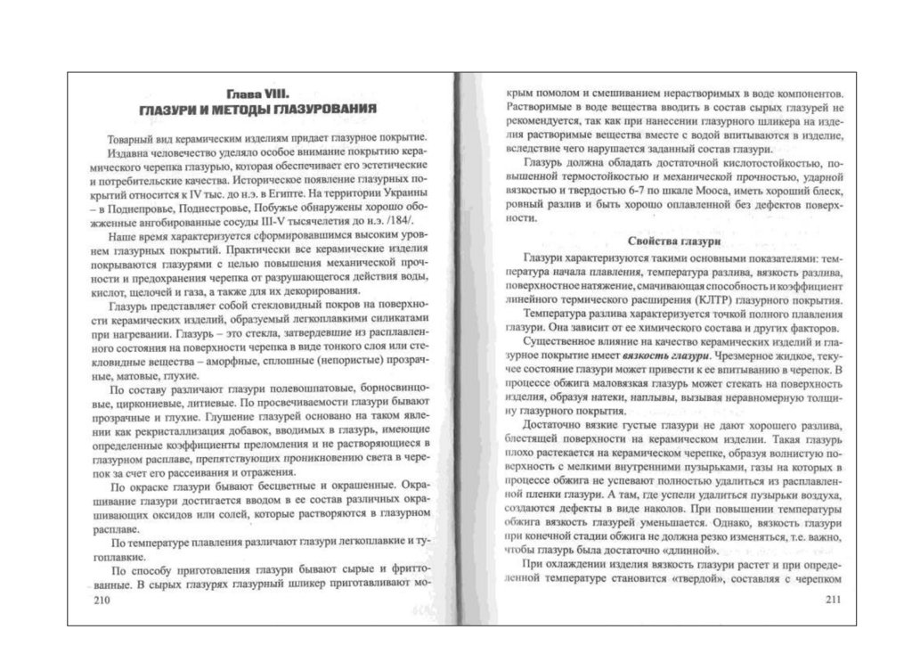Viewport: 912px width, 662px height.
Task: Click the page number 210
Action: (99, 601)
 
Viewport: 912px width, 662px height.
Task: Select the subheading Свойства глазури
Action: (668, 241)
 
